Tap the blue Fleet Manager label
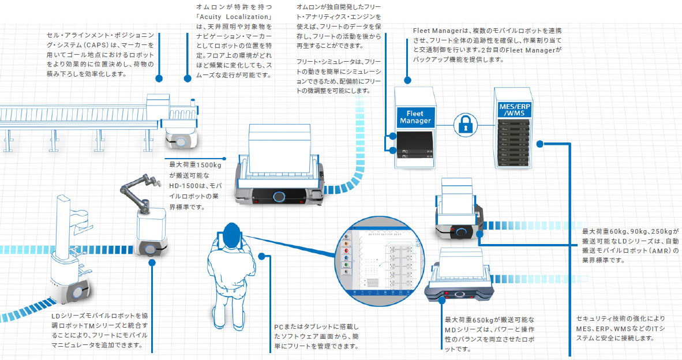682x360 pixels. pos(415,118)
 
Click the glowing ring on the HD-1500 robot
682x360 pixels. pos(279,197)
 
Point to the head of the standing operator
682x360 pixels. pos(232,234)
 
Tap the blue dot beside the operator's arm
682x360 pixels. pos(262,256)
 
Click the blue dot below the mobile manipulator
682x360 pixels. pos(152,262)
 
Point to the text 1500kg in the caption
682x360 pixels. pos(212,164)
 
